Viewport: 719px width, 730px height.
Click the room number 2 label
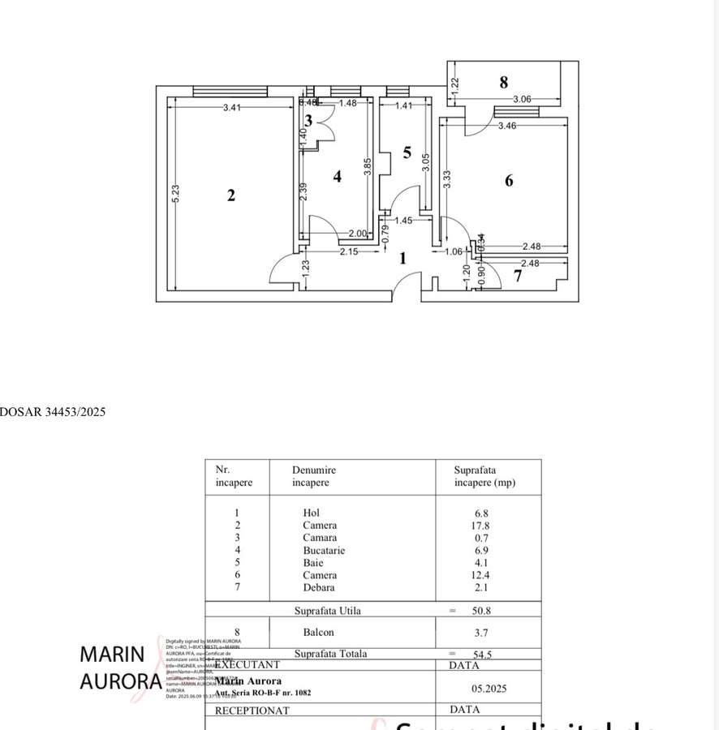coord(231,195)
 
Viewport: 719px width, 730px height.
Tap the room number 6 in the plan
coord(509,181)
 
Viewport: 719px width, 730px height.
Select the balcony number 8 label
coord(504,82)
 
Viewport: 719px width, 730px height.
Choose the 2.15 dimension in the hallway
coord(348,252)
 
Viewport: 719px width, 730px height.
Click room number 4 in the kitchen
coord(338,176)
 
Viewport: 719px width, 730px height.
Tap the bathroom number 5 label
coord(407,152)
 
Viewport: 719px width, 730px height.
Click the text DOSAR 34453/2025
coord(53,412)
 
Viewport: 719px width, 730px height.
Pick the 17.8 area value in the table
coord(481,526)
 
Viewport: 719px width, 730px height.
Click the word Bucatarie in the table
coord(324,551)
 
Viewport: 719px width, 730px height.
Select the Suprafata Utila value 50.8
coord(484,612)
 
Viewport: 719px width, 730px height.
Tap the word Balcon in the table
coord(318,633)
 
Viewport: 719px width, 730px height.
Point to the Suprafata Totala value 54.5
coord(484,654)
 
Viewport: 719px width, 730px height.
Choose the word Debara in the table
coord(319,587)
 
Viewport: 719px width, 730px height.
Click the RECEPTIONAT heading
coord(252,711)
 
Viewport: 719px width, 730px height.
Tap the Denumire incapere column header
coord(314,476)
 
